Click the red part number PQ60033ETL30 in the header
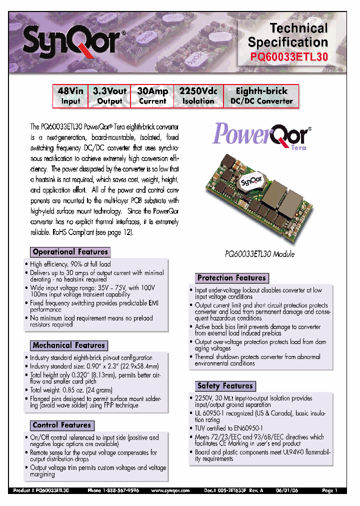coord(289,57)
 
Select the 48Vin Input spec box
coord(70,96)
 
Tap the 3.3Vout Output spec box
coord(109,96)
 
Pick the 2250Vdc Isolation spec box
coord(198,96)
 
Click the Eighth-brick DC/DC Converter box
coord(261,96)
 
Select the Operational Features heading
coord(70,252)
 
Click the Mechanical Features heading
coord(68,345)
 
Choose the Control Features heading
coord(61,425)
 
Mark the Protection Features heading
coord(231,278)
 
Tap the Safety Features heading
coord(225,386)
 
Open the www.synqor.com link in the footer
coord(170,490)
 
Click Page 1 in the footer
coord(329,490)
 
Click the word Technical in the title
coord(299,28)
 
